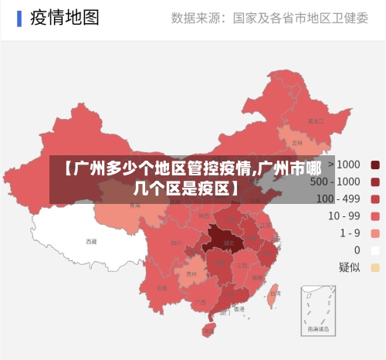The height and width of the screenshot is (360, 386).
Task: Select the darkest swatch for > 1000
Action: tap(375, 165)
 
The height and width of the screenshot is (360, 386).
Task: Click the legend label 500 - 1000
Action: tap(334, 182)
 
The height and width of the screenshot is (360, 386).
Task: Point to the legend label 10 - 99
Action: tap(344, 216)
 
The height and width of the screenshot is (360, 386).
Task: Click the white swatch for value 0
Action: tap(375, 250)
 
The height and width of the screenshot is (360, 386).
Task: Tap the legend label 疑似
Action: tap(349, 267)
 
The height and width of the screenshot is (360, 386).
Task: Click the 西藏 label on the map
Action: tap(91, 242)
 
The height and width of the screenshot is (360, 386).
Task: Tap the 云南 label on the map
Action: tap(161, 287)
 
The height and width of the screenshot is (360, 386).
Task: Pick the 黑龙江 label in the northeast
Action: tap(314, 121)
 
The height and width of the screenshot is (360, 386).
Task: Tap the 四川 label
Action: tap(175, 243)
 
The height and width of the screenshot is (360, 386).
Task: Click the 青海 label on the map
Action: tap(134, 206)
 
